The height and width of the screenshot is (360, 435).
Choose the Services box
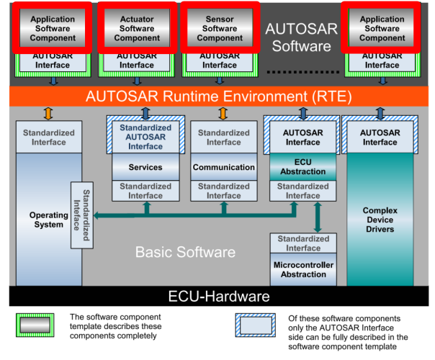click(145, 167)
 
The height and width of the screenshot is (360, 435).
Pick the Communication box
click(224, 167)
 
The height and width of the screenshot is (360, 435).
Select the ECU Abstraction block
click(302, 167)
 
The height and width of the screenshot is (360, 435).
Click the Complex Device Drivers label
click(380, 220)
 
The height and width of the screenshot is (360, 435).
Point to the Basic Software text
click(186, 252)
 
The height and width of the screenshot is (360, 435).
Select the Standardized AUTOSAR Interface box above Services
click(145, 137)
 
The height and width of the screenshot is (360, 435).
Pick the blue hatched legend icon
click(259, 325)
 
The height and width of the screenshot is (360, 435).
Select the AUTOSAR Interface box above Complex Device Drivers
click(380, 137)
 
